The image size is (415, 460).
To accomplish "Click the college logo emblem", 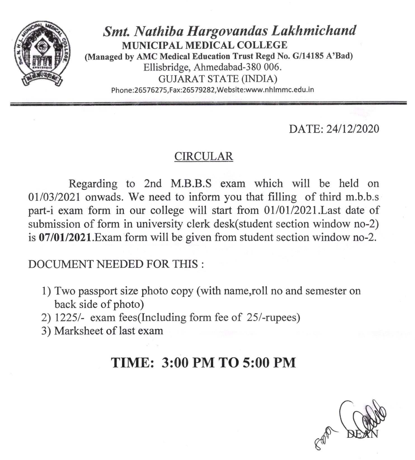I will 43,54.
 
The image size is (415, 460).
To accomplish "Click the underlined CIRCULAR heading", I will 203,156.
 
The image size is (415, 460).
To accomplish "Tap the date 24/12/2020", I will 353,129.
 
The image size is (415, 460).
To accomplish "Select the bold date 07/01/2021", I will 65,238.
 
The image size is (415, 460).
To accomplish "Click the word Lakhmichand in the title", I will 314,31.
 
